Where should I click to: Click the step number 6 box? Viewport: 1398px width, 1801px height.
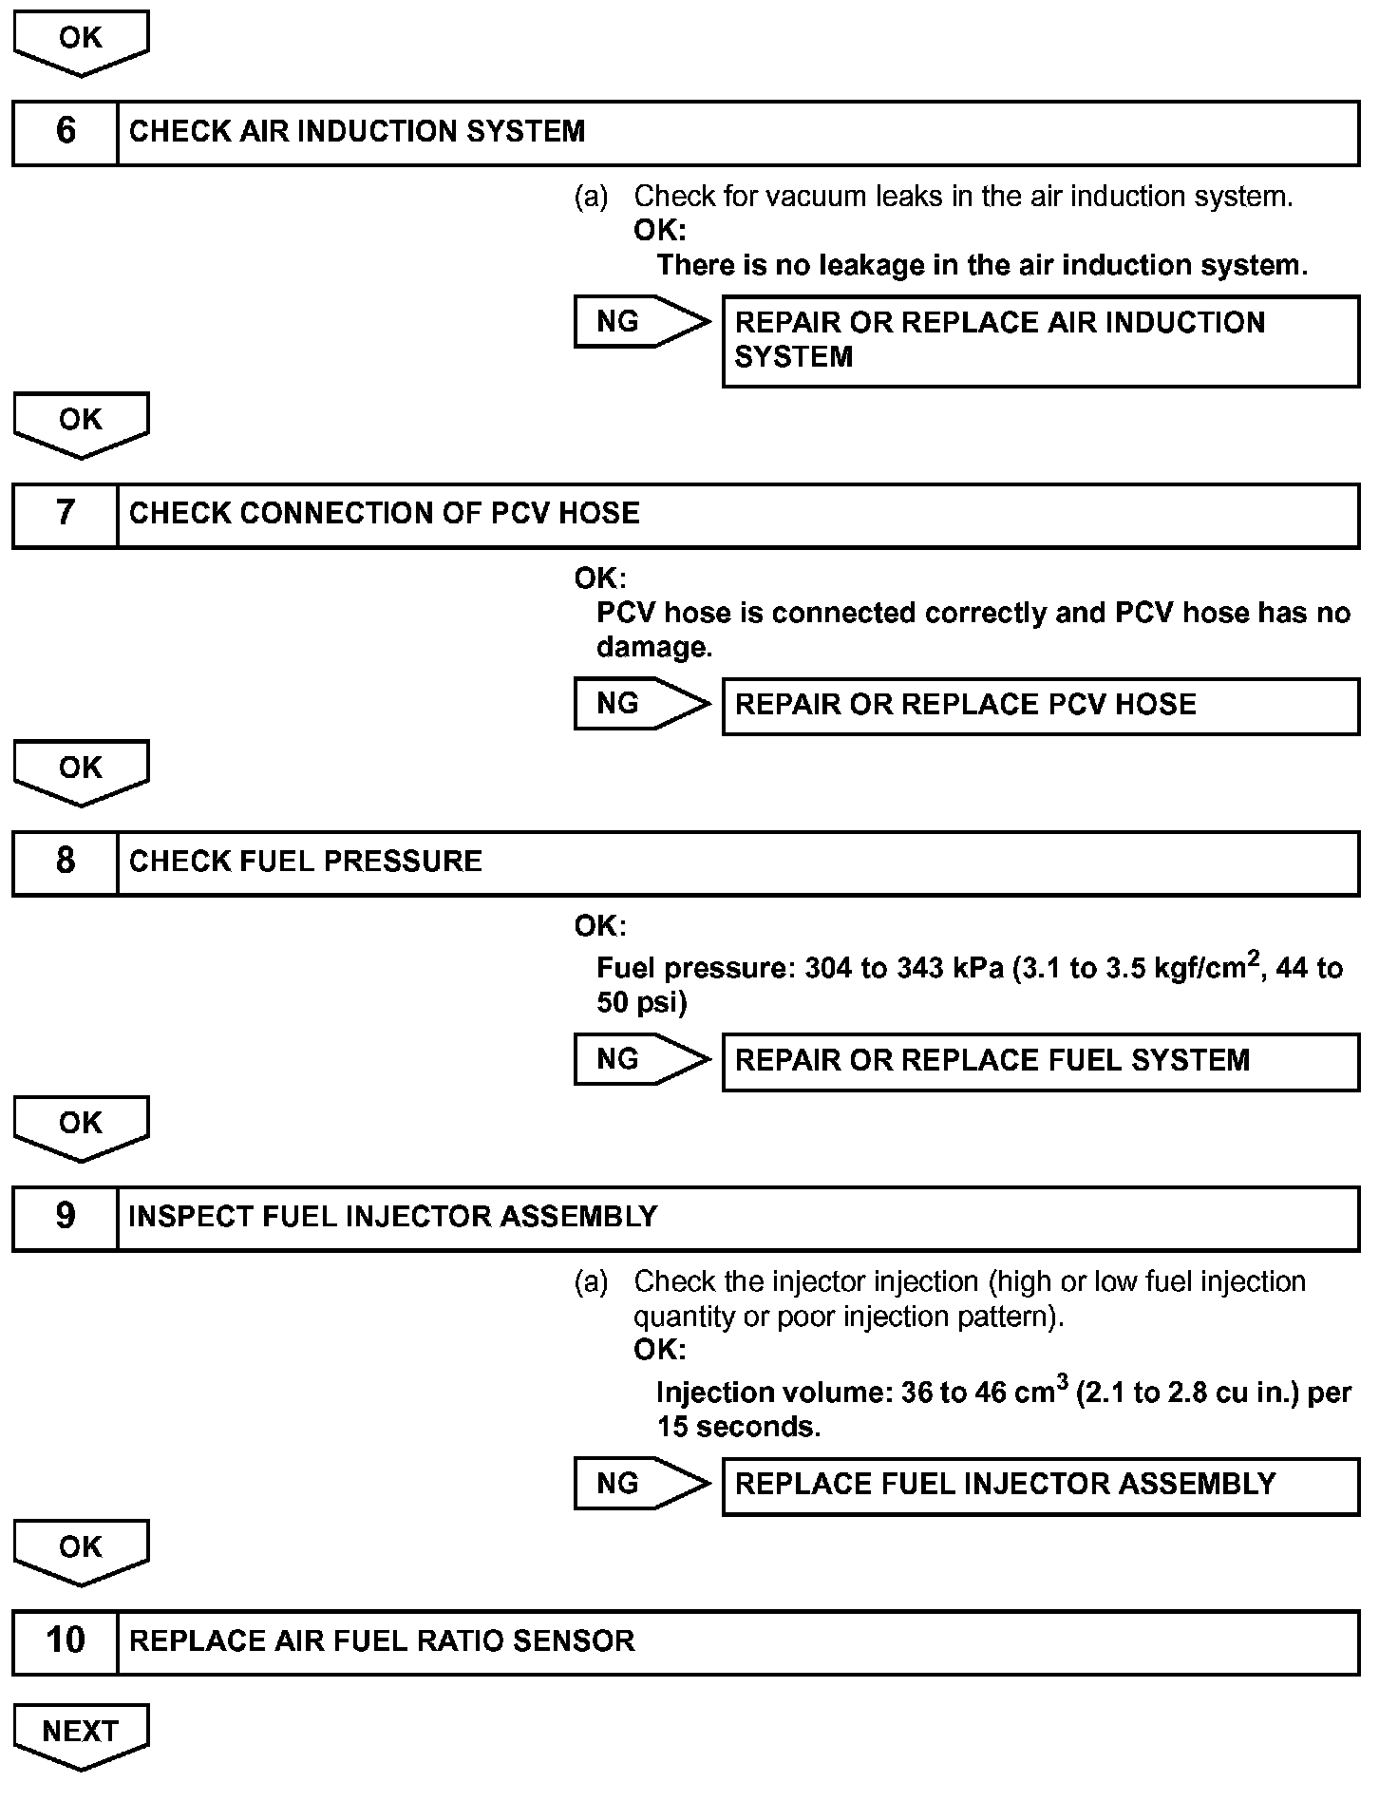(x=65, y=132)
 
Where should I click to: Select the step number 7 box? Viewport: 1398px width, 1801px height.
(x=65, y=515)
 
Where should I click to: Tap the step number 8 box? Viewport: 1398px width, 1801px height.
(x=65, y=863)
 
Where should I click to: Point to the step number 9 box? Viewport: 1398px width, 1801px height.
(x=65, y=1218)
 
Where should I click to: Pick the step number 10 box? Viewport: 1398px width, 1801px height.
(x=65, y=1641)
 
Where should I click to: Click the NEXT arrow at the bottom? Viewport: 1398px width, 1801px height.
(x=81, y=1735)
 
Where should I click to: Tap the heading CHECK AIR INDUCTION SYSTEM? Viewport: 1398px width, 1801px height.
(x=357, y=132)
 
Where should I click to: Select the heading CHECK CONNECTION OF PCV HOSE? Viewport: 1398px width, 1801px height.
(x=384, y=514)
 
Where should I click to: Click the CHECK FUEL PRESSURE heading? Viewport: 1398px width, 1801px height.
(x=305, y=863)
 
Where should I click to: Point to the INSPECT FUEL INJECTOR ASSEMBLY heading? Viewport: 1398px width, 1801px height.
(x=392, y=1218)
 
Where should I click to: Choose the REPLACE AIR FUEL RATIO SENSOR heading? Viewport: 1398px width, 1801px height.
(x=381, y=1641)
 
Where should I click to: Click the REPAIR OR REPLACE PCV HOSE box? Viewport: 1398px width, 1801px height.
(x=1040, y=706)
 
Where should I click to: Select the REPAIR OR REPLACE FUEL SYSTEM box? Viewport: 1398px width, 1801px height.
(x=1040, y=1061)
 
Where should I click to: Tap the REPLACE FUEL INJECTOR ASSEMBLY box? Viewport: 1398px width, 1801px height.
(x=1040, y=1486)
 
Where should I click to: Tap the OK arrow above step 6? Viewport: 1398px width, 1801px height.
(x=81, y=42)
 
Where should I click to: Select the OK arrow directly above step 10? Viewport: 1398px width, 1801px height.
(x=81, y=1550)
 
